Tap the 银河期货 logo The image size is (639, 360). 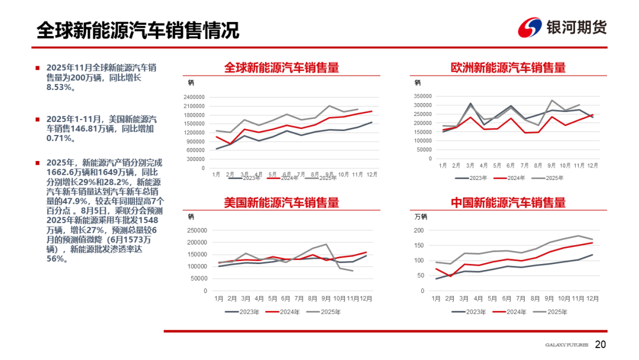click(562, 27)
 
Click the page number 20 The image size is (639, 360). click(601, 345)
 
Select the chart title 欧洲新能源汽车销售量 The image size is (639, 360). click(508, 67)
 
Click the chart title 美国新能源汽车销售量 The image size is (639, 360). click(281, 202)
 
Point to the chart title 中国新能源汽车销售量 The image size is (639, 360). click(508, 202)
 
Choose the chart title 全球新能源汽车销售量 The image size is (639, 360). click(281, 67)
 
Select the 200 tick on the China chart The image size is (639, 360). click(419, 230)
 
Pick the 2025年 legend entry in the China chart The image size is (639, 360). click(556, 311)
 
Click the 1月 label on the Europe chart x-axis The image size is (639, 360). click(443, 166)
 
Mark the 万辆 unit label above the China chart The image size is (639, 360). click(421, 217)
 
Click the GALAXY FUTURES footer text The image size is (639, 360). click(566, 345)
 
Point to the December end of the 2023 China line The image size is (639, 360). click(592, 255)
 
